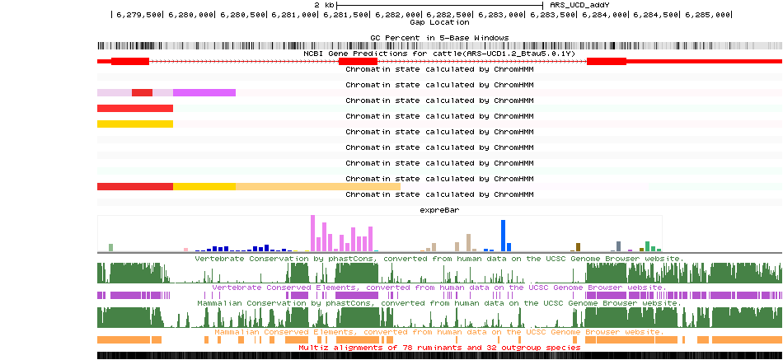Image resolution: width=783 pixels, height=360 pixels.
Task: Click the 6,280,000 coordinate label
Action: click(x=190, y=15)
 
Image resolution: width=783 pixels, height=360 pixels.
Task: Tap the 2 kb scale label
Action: click(x=324, y=5)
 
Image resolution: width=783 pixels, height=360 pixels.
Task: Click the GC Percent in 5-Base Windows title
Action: click(x=438, y=37)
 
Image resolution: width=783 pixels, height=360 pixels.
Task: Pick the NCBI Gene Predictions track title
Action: click(x=438, y=53)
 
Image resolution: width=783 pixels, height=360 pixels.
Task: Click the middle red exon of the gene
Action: click(x=359, y=61)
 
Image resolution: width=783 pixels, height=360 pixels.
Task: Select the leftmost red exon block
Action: click(x=130, y=61)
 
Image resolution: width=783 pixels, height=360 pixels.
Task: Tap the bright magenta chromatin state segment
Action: click(x=204, y=92)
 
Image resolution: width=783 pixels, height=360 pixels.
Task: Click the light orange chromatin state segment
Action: click(x=317, y=186)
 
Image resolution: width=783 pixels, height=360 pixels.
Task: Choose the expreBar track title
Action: click(x=438, y=210)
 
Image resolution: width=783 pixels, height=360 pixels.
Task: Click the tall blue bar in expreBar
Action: click(x=503, y=236)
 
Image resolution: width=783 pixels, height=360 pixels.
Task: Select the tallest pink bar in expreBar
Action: click(x=312, y=233)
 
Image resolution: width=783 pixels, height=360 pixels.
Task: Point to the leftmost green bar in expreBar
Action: click(x=110, y=247)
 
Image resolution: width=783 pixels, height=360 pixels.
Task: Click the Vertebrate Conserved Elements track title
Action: click(x=438, y=288)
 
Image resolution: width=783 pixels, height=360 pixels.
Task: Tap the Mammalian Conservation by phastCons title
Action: click(x=438, y=303)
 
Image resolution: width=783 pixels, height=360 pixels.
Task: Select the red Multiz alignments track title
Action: click(x=438, y=348)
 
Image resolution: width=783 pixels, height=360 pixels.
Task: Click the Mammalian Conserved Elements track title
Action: click(x=438, y=332)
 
